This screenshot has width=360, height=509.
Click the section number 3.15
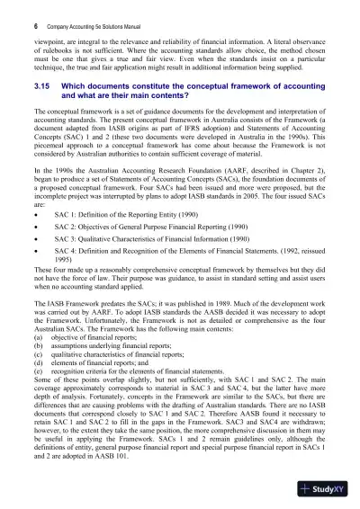coord(40,106)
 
